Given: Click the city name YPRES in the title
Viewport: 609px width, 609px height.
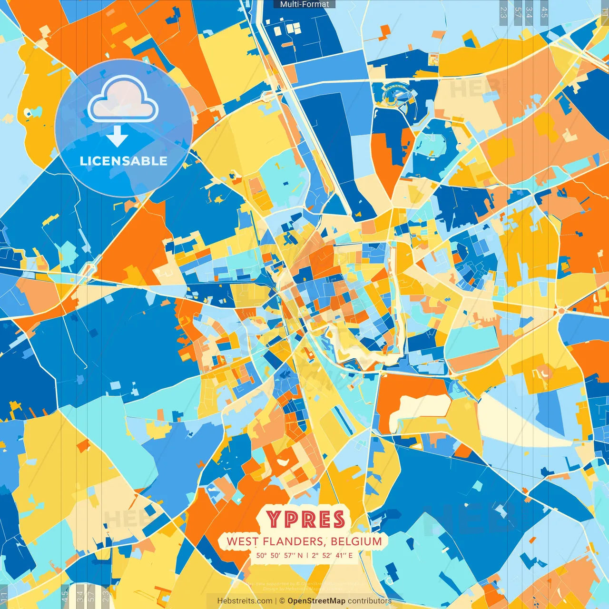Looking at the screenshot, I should pos(305,520).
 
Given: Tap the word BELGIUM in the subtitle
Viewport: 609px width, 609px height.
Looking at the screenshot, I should pos(356,541).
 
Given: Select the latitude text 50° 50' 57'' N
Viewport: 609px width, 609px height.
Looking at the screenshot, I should pos(279,555).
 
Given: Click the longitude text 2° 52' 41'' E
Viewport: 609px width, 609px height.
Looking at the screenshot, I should pos(332,555).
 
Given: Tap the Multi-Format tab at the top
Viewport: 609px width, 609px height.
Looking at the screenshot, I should pos(304,4).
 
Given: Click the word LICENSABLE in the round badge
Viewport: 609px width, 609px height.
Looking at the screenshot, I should pos(124,161).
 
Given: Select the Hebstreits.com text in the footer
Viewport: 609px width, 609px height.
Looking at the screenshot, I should pos(245,601).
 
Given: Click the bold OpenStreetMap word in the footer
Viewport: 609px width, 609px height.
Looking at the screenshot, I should pos(316,601).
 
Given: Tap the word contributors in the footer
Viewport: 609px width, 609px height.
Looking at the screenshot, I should pos(370,601).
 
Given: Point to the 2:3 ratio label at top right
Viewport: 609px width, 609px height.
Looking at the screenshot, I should pos(503,12).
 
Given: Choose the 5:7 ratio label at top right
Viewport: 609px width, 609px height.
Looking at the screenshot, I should pos(518,12).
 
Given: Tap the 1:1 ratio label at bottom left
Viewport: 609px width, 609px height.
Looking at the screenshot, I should pos(4,597).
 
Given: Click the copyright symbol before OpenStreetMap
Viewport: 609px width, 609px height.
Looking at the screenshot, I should pos(282,601).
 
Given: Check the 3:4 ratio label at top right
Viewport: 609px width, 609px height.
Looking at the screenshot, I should pos(529,12).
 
